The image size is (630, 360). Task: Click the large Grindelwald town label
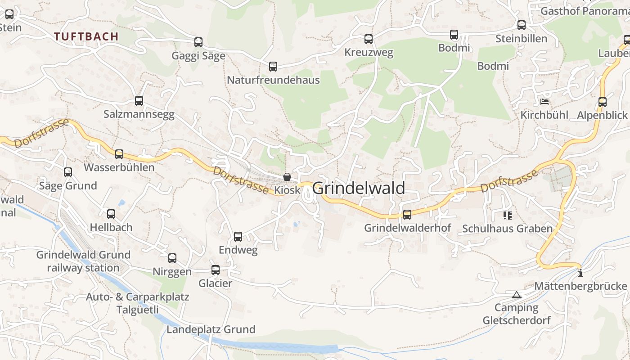click(359, 188)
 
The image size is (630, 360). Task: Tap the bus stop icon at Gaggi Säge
click(198, 42)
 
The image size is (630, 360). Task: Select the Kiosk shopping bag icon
click(287, 177)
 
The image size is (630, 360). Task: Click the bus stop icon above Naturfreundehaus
click(273, 67)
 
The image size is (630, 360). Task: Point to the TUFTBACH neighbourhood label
click(86, 36)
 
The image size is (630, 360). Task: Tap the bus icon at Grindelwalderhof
click(407, 215)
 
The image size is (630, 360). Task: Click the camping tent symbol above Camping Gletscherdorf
click(517, 295)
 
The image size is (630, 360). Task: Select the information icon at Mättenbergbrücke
click(580, 273)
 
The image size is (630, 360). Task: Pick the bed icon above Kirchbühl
click(544, 101)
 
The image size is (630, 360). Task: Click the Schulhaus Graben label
click(507, 229)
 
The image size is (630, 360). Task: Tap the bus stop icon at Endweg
click(238, 236)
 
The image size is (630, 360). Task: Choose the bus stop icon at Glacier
click(216, 270)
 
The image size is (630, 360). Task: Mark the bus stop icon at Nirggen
click(172, 258)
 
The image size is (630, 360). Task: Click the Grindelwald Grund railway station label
click(83, 261)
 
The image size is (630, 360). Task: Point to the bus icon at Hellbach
click(111, 214)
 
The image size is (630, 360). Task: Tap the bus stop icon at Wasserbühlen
click(119, 154)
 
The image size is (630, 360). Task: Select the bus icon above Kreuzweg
click(369, 39)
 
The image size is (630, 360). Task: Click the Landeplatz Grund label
click(211, 329)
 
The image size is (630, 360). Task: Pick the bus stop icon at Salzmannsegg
click(139, 101)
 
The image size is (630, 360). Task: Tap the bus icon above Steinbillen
click(522, 25)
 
